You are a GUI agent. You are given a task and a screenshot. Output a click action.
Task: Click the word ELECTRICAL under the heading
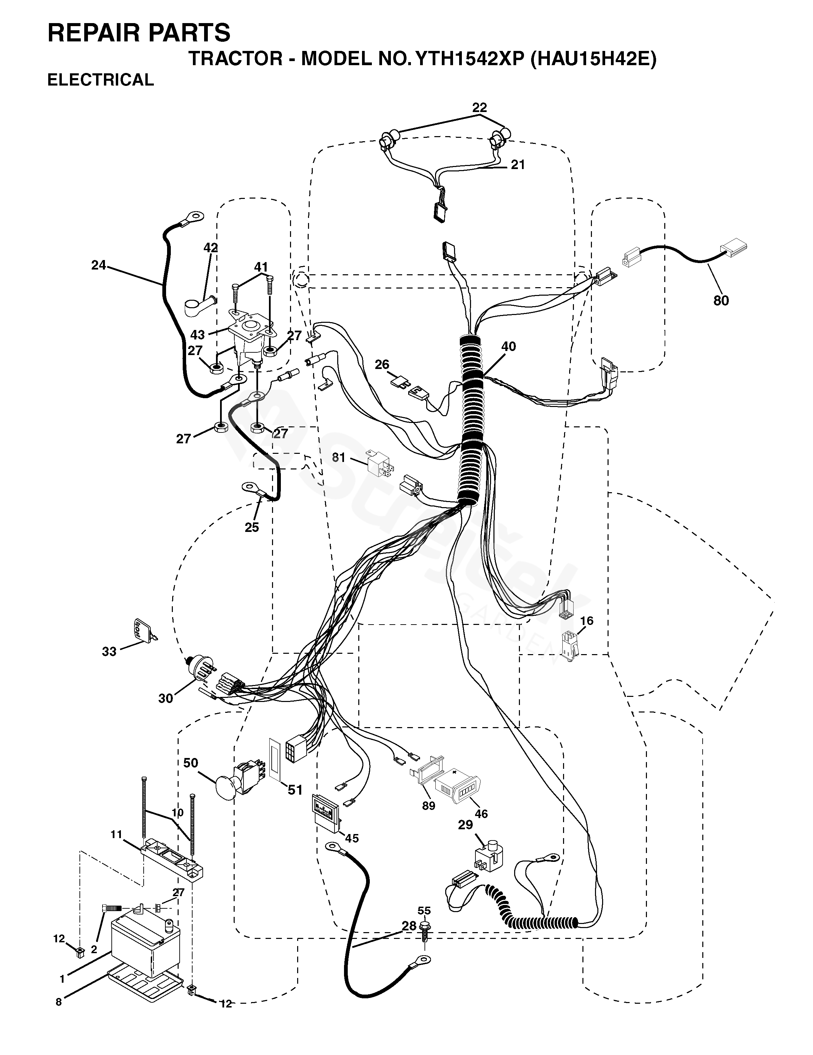[101, 80]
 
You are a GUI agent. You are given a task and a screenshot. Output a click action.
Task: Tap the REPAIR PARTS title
[139, 33]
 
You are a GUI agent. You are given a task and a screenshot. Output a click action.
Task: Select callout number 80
[721, 300]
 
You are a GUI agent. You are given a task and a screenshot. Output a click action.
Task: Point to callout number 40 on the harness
[508, 346]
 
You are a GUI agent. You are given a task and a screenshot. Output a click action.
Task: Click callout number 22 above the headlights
[479, 107]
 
